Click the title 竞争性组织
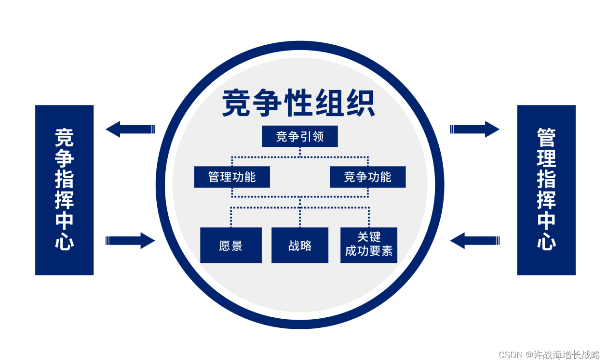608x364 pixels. pos(298,103)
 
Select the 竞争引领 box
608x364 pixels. pos(299,136)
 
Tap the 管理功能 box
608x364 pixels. pos(232,177)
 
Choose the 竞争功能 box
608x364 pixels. pos(367,177)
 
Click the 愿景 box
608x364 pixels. pos(230,246)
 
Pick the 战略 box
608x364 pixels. pos(299,246)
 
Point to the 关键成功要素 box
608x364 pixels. pos(368,245)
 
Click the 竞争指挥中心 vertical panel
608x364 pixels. pos(64,190)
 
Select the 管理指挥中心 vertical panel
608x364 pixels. pos(546,190)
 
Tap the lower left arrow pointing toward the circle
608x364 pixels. pos(130,240)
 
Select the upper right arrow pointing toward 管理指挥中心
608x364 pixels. pos(474,129)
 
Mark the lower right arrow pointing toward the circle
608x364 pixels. pos(474,240)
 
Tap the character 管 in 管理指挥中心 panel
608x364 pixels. pos(546,138)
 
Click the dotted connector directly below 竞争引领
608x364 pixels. pos(300,152)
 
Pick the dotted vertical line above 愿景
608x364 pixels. pos(231,217)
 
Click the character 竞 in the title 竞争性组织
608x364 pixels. pos(237,103)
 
